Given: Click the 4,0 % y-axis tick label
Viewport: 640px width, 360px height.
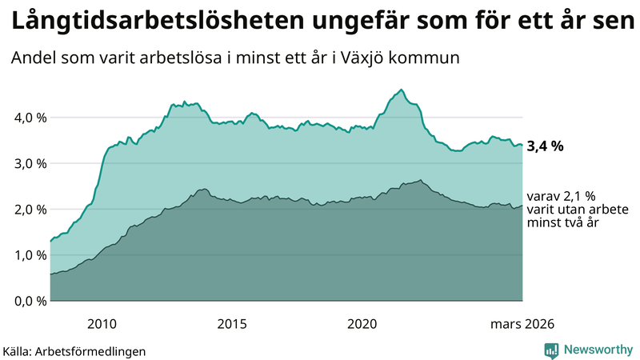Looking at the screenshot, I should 29,118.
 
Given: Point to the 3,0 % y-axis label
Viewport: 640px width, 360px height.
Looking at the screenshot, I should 29,163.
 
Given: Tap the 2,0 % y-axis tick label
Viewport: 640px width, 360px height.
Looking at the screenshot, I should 29,210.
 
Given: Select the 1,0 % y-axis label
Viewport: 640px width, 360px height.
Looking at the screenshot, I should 29,255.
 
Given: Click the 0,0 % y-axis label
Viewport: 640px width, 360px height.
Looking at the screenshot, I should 29,301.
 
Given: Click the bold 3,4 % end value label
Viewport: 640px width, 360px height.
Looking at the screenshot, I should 546,146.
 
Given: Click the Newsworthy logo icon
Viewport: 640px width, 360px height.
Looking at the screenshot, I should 551,350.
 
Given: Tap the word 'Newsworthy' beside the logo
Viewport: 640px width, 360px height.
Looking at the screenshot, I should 598,350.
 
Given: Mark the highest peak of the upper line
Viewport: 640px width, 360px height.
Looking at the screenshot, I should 401,90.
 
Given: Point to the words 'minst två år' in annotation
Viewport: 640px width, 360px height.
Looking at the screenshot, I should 563,223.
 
